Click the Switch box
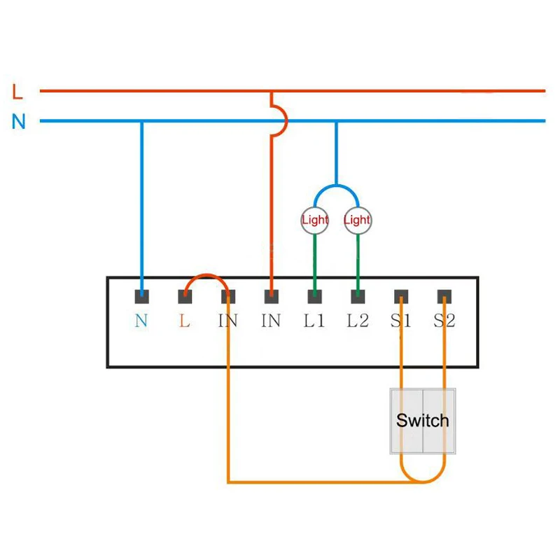422,421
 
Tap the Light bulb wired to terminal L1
314,220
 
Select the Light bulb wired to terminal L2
358,220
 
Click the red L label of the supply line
17,91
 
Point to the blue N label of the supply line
18,121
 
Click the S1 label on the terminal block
400,321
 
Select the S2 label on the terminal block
444,321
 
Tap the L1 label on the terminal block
314,321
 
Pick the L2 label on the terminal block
358,321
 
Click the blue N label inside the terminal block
141,321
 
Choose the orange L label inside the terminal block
185,321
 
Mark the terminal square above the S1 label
400,297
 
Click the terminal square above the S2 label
444,297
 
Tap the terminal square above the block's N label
142,297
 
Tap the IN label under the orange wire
228,321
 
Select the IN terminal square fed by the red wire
271,297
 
